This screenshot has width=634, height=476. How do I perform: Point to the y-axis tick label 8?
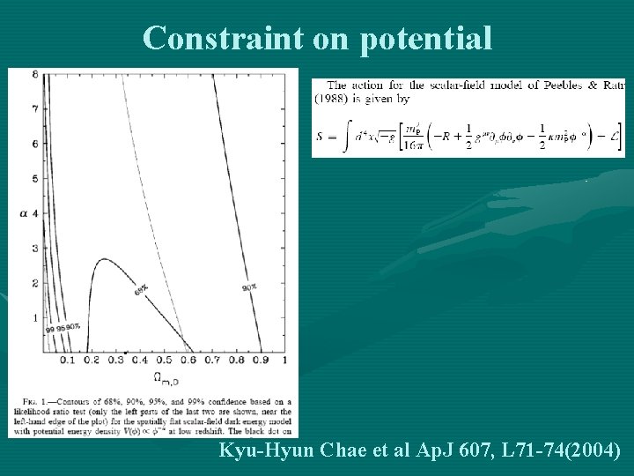pos(34,74)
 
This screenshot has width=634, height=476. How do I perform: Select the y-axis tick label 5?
pos(34,178)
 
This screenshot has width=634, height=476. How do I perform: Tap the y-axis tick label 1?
pos(34,317)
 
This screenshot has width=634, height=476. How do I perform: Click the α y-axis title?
pos(23,212)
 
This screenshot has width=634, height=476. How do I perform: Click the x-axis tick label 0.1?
pos(66,361)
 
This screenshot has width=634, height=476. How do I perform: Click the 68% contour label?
pos(141,289)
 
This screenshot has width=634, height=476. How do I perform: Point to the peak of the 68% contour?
pos(105,259)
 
